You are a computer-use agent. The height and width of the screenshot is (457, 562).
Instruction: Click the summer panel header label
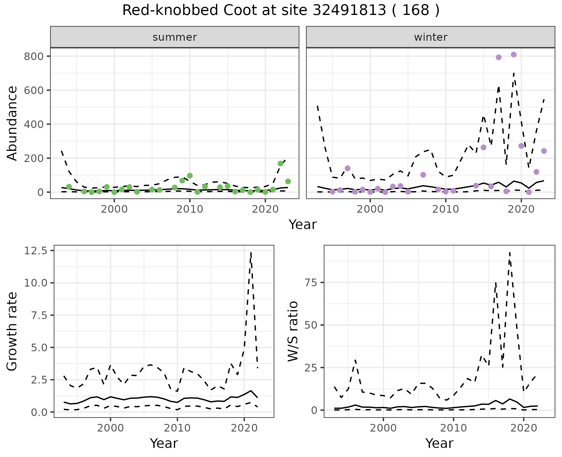coord(175,37)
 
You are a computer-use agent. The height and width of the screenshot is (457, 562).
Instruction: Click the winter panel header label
coord(431,37)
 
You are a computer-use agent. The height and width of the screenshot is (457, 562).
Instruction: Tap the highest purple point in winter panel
coord(514,54)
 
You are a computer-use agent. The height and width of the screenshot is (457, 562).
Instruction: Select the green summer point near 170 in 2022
coord(280,163)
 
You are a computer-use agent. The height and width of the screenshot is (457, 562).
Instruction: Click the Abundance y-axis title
coord(12,123)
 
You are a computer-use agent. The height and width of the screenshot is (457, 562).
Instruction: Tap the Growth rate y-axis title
coord(12,331)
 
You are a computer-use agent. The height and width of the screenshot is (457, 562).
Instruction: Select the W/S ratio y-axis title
coord(293,331)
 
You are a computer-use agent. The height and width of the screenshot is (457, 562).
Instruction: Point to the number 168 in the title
coord(416,11)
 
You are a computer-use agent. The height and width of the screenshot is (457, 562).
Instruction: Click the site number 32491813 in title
coord(349,11)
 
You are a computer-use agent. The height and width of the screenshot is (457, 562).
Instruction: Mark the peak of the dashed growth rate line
coord(251,252)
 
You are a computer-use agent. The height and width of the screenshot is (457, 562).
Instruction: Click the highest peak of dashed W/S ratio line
coord(510,252)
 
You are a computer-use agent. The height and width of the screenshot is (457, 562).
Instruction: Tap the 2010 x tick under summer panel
coord(190,209)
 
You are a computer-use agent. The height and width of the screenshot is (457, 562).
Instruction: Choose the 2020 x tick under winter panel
coord(521,209)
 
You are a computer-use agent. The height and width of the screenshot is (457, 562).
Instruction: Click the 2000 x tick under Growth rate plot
coord(110,428)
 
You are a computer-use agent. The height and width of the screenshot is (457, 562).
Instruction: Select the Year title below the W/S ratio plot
coord(439,443)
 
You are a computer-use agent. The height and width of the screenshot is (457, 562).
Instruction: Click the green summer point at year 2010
coord(190,175)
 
